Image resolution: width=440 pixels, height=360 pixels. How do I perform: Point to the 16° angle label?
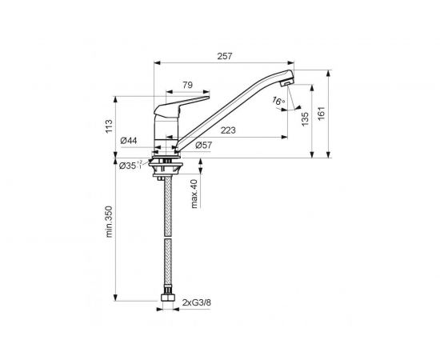(278, 102)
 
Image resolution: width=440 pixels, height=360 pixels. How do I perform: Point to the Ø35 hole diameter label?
(129, 166)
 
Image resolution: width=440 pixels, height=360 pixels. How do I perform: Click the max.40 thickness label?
(194, 194)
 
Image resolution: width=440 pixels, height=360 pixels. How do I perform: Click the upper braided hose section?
(167, 204)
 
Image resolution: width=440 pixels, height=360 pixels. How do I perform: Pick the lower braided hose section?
(167, 268)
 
